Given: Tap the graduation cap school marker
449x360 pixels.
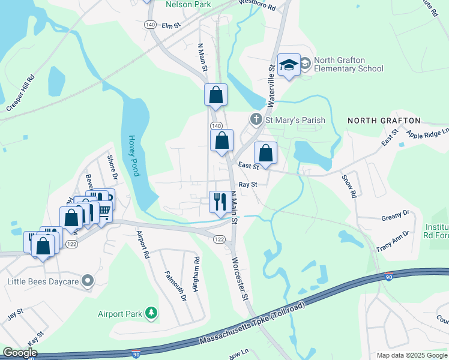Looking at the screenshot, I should [x=289, y=65].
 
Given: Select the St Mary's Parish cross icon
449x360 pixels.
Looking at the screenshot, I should [x=256, y=119].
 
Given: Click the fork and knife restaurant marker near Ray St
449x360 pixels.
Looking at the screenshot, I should [x=217, y=201].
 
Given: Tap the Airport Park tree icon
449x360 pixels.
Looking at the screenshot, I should [x=152, y=313].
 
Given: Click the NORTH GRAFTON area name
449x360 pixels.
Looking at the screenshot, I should [x=384, y=121].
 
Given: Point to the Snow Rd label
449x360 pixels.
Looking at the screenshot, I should [x=349, y=186].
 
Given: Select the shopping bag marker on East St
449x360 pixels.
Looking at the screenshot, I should [x=265, y=153].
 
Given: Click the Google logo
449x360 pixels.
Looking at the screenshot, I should [x=20, y=353].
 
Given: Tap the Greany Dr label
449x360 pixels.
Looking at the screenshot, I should [x=395, y=213].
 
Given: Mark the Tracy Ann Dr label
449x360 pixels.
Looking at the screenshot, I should [x=392, y=241].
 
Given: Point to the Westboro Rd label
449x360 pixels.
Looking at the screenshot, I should [x=256, y=6].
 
